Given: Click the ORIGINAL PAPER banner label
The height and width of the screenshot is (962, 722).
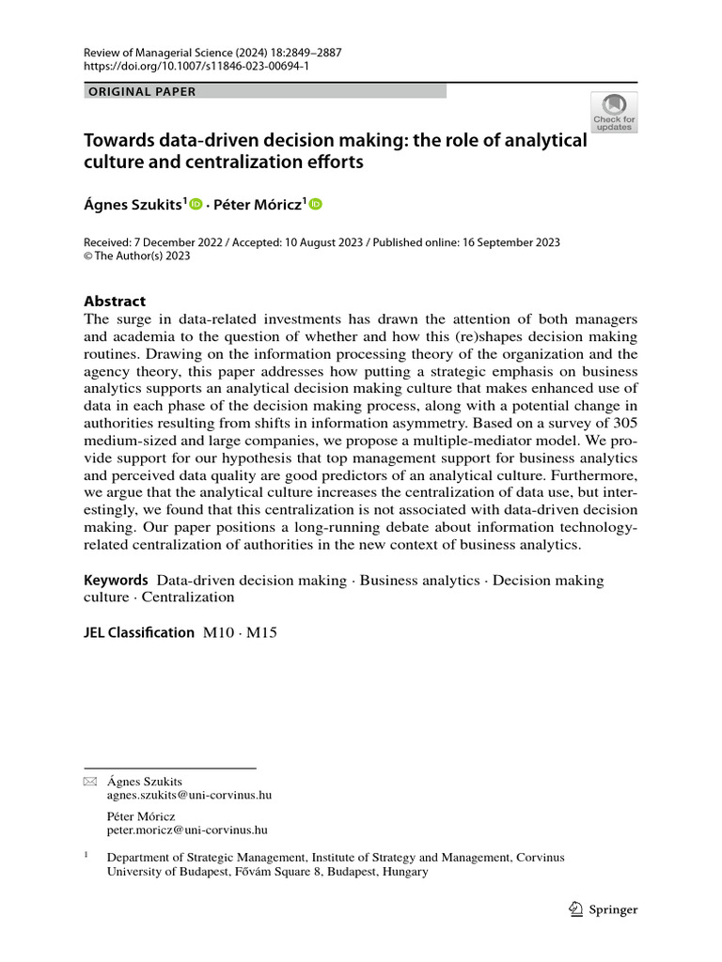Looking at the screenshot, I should [x=142, y=91].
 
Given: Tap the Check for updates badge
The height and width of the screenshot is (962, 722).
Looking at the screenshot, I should [x=613, y=112].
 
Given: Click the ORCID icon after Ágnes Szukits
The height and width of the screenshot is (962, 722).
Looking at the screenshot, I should [x=196, y=204].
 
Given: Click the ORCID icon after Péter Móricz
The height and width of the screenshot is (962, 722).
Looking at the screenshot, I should [x=315, y=204].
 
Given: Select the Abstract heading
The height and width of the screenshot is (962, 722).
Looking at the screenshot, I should [x=115, y=301].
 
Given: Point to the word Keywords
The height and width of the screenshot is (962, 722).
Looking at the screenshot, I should [x=116, y=581].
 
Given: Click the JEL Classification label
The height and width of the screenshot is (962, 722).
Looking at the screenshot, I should [x=139, y=633].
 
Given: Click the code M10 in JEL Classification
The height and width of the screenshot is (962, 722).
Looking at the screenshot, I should [x=218, y=633].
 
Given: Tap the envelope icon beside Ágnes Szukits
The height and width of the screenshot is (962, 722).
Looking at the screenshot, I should [x=90, y=782].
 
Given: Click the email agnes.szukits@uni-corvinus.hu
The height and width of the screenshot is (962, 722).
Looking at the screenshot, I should [x=189, y=795].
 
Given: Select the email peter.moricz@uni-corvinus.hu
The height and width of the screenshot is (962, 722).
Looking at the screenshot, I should [x=187, y=830].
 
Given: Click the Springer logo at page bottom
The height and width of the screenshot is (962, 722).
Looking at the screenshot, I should [x=604, y=909].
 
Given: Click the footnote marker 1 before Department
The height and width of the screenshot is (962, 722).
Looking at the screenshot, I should [x=87, y=856].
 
